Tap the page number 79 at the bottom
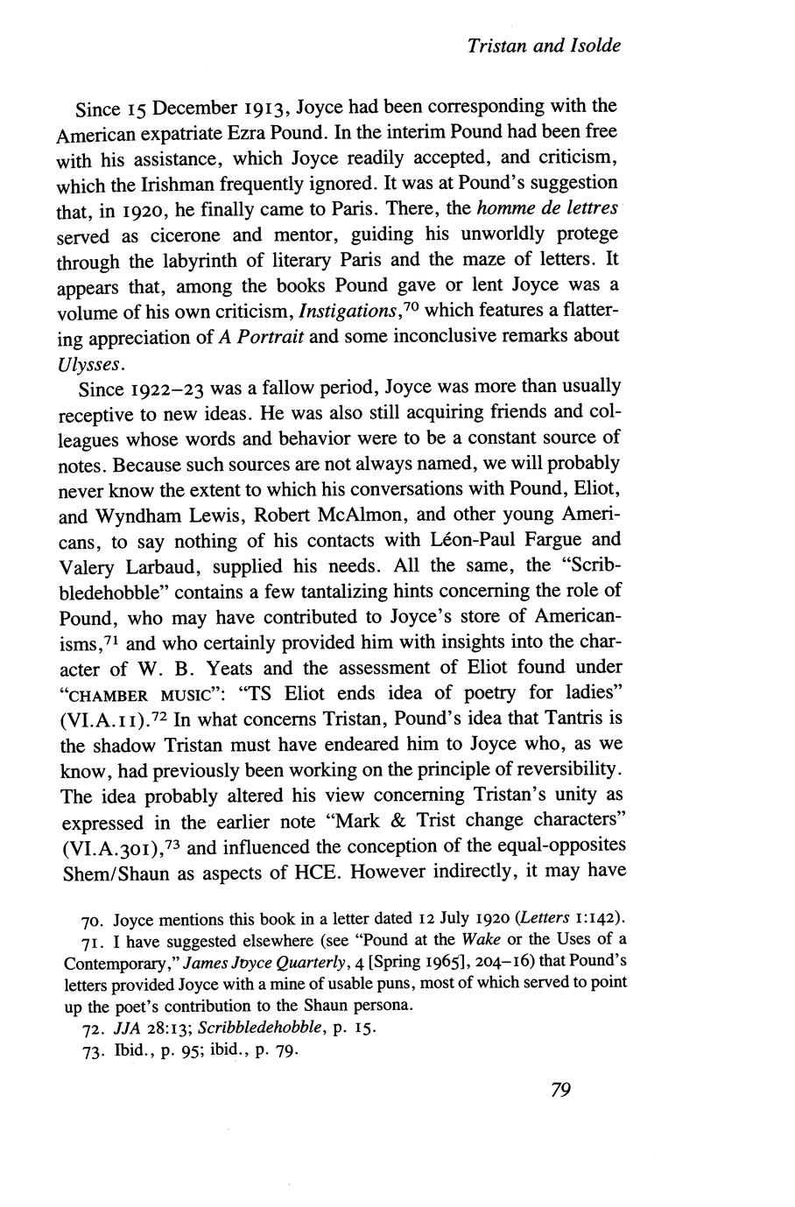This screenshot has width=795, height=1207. (x=561, y=1090)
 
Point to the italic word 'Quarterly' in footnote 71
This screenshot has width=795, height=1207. (x=311, y=962)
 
